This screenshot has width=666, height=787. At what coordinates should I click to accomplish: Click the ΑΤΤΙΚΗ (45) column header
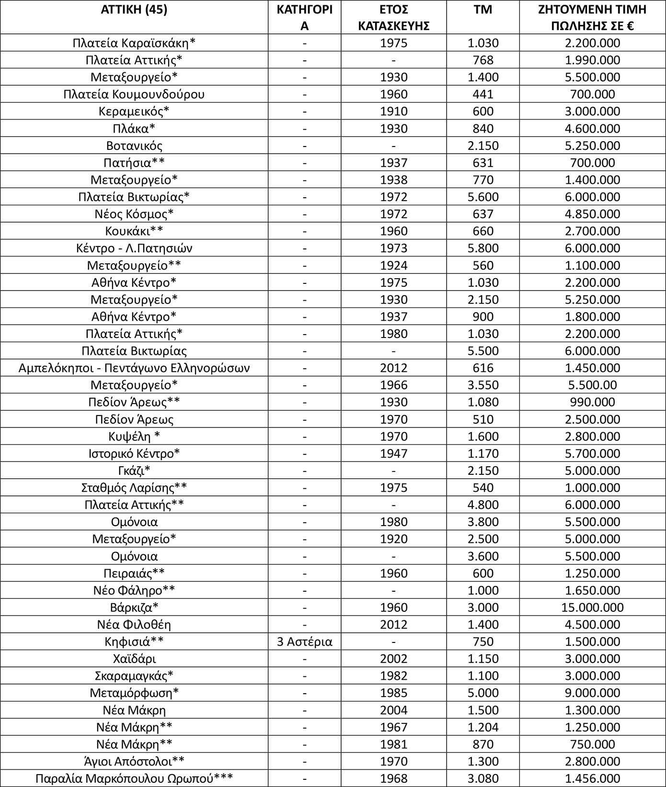(x=134, y=10)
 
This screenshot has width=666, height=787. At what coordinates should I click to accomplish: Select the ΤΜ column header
(x=482, y=10)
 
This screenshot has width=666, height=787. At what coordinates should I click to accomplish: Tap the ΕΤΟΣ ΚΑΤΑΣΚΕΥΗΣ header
(x=393, y=17)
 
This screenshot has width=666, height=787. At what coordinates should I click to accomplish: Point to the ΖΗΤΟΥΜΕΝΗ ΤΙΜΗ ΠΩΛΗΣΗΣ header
(x=592, y=17)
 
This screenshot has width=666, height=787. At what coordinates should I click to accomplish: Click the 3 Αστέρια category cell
(x=304, y=641)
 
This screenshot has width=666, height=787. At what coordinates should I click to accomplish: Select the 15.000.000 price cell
(x=592, y=607)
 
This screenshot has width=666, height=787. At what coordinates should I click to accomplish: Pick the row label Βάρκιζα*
(x=134, y=607)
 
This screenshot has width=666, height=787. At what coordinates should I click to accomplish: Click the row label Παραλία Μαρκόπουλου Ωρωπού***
(x=134, y=778)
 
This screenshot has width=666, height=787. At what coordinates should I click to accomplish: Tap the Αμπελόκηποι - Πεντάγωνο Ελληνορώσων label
(x=134, y=368)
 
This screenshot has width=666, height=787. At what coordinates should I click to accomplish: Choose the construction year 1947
(x=393, y=453)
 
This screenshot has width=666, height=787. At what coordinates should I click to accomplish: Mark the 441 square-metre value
(x=482, y=94)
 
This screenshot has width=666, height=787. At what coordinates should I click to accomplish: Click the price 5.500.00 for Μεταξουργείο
(x=592, y=385)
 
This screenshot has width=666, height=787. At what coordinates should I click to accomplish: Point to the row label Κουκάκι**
(x=134, y=231)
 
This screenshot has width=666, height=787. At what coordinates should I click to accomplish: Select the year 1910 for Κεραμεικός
(x=393, y=112)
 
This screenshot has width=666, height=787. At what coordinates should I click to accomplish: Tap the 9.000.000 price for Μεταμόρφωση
(x=592, y=693)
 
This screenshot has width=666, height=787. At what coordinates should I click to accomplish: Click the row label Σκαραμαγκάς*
(x=134, y=676)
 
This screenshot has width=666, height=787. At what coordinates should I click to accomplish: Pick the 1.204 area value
(x=482, y=727)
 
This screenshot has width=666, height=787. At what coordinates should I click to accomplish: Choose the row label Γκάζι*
(x=134, y=471)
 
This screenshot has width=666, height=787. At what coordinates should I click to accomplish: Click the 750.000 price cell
(x=592, y=744)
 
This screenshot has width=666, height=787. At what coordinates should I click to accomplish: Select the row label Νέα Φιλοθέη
(x=134, y=625)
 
